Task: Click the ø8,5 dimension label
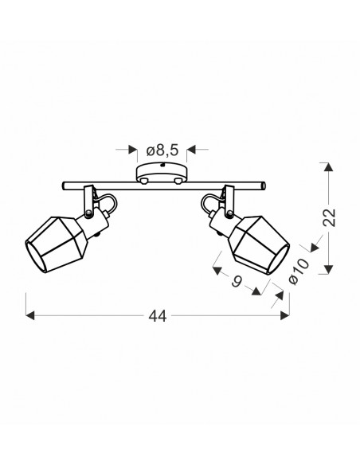(162, 150)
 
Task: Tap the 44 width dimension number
(158, 316)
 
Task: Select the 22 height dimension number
(329, 217)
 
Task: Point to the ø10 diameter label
(299, 272)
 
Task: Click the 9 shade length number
(237, 281)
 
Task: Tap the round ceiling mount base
(162, 173)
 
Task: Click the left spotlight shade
(57, 244)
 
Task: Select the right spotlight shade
(259, 245)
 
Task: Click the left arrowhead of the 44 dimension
(30, 315)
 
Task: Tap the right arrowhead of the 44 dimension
(284, 315)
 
